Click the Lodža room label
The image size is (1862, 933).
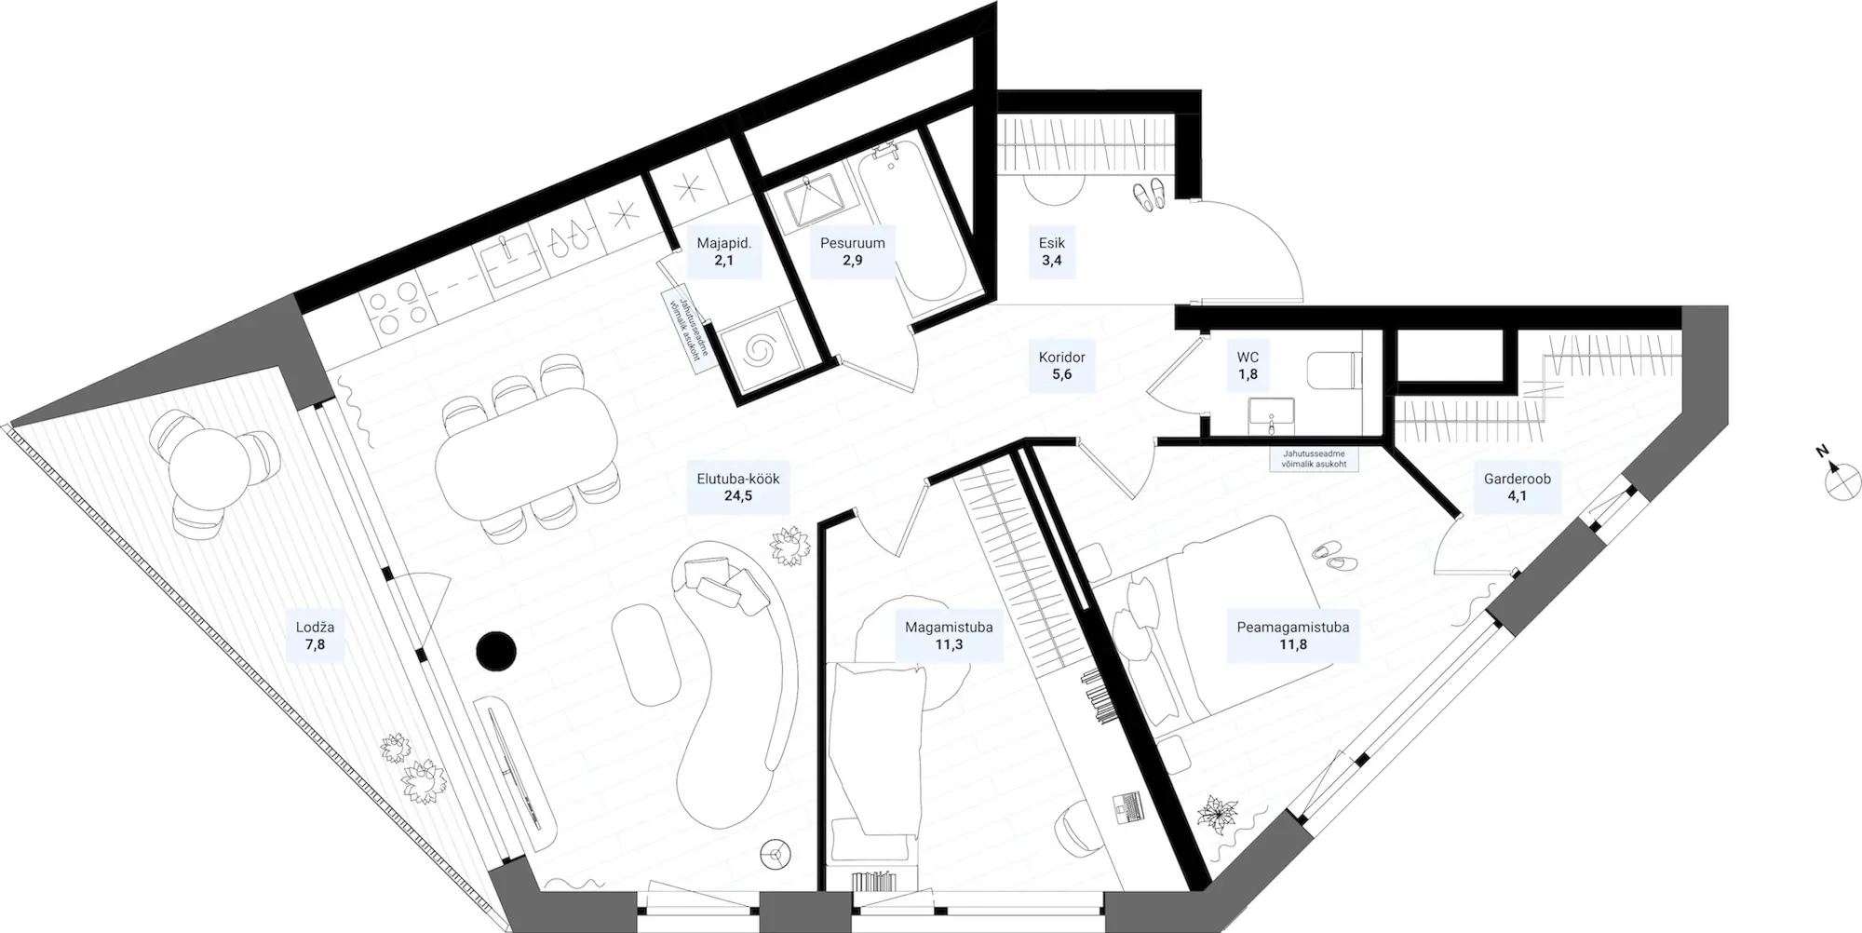click(315, 627)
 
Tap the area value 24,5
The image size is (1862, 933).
click(737, 496)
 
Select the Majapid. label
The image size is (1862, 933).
click(723, 243)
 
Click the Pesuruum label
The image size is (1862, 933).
click(852, 243)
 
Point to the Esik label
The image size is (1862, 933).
click(1051, 243)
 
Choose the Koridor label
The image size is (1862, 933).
click(1061, 357)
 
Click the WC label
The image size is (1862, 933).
click(1248, 357)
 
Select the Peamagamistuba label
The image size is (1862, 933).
click(1292, 627)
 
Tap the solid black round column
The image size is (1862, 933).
click(495, 651)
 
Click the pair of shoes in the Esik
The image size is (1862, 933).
click(1148, 195)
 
